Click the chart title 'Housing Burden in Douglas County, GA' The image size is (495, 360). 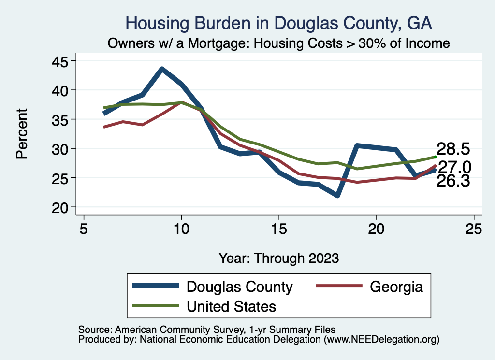click(x=278, y=23)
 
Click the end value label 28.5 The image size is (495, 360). click(x=453, y=148)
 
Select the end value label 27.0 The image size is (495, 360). click(x=454, y=167)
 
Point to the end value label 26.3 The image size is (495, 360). click(x=453, y=181)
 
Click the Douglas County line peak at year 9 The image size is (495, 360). click(x=162, y=69)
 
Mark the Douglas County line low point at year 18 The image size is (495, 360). click(x=337, y=196)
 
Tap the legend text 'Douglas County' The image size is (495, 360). click(x=240, y=287)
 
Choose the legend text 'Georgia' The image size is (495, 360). click(x=396, y=287)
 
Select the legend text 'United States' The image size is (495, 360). click(x=232, y=306)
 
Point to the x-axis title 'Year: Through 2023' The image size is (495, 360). click(x=278, y=258)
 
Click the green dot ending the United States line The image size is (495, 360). click(x=435, y=157)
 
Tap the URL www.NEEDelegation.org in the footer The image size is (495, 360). click(x=382, y=340)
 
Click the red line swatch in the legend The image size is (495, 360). click(x=338, y=287)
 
